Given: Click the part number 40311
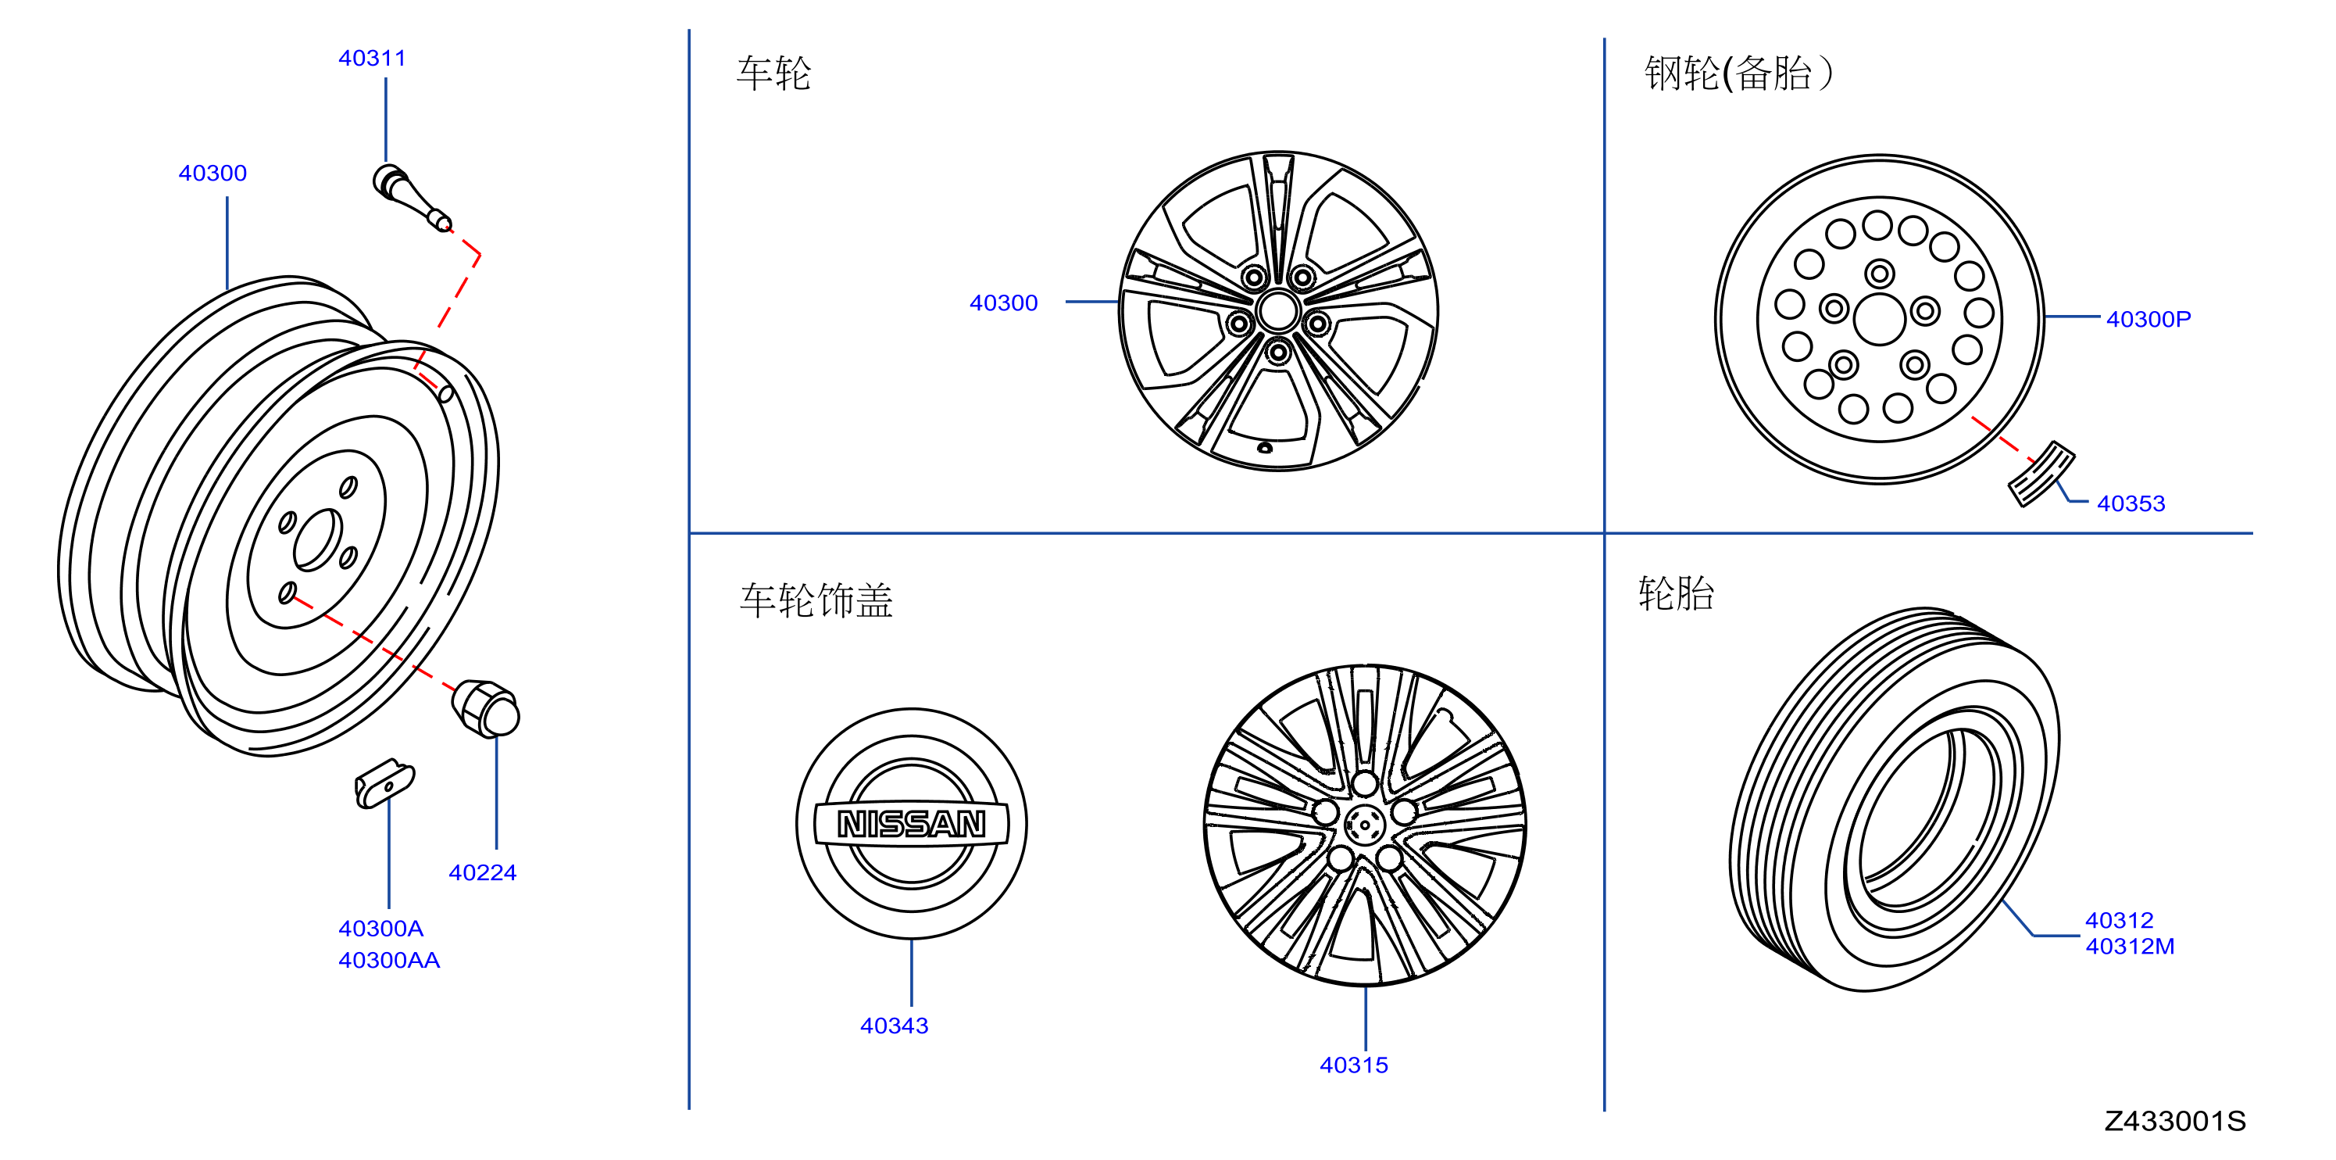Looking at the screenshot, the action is click(372, 58).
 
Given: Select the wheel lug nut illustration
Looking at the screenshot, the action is click(486, 708).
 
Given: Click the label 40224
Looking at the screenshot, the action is click(483, 872).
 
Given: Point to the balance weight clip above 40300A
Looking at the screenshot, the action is click(384, 783).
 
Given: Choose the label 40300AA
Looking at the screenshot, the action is click(389, 960).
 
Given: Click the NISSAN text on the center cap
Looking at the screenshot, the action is click(912, 824).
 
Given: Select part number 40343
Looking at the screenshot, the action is click(894, 1026).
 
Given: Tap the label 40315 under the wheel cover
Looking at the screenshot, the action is click(1354, 1065).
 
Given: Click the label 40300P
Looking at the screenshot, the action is click(2148, 319).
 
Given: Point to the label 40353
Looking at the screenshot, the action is click(2131, 503).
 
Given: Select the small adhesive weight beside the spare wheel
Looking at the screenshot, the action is click(2041, 474).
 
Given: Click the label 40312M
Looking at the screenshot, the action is click(2131, 946).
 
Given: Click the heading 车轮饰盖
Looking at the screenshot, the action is click(816, 600).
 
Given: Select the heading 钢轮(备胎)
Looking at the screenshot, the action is click(1738, 73).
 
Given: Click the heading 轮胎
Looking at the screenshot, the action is click(1676, 594).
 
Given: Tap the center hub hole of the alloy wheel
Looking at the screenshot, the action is click(1279, 311).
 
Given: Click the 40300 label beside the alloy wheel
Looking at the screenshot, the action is click(1004, 303).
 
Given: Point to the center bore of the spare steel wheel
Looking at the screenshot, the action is click(1880, 319).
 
